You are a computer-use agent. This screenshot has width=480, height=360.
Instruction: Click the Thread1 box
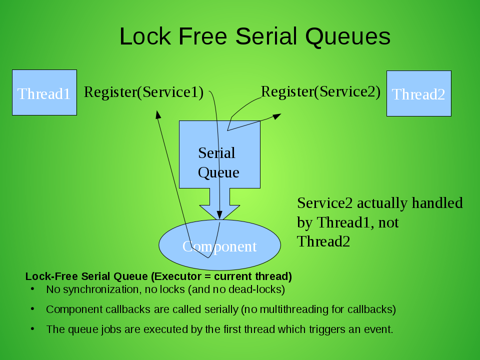[44, 92]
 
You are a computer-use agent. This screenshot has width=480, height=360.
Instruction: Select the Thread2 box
[418, 93]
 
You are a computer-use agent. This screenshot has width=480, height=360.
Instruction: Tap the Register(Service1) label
[143, 92]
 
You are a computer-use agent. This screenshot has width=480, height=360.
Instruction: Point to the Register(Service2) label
[320, 91]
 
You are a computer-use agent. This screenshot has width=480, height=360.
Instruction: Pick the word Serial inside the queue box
[216, 152]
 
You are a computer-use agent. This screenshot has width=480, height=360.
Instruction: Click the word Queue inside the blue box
[218, 172]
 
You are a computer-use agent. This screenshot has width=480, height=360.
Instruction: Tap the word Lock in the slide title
[145, 36]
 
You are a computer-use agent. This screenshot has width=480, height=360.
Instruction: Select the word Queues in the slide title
[348, 37]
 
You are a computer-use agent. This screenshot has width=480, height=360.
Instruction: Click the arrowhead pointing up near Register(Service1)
[158, 114]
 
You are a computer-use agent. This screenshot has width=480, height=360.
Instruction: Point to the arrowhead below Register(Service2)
[276, 116]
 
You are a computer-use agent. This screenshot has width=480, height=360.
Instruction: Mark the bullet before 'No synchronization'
[32, 289]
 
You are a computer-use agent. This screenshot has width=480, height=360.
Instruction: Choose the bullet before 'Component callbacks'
[32, 309]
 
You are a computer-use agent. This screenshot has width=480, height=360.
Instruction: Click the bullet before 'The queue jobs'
[32, 329]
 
